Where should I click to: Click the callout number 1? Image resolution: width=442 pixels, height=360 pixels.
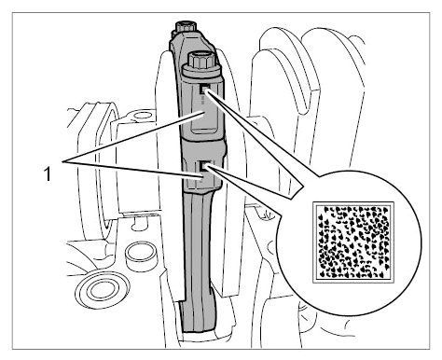(48, 173)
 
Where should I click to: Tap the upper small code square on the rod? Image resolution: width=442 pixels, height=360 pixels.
(204, 90)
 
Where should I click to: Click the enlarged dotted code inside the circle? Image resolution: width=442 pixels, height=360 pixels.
(353, 242)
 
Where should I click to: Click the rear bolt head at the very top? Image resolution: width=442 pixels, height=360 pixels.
(186, 26)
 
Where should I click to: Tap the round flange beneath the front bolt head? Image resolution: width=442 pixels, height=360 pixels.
(200, 72)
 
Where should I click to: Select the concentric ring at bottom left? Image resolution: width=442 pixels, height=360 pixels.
(103, 289)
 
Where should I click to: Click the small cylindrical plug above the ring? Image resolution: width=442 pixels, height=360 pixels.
(141, 256)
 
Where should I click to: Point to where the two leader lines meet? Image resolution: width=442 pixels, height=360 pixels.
(63, 161)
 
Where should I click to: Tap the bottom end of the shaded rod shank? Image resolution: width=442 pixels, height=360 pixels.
(198, 330)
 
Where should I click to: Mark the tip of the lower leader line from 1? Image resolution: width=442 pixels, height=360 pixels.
(203, 178)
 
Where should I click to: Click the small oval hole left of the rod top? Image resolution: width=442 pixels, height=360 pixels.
(144, 117)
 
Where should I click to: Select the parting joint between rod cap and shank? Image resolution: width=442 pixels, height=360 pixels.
(202, 139)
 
